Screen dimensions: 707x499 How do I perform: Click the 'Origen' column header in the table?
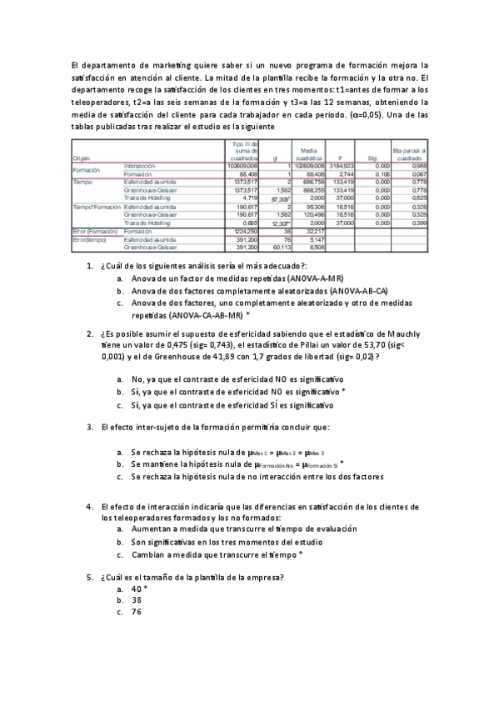(82, 158)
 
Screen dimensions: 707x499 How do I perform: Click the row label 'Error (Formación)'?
(94, 230)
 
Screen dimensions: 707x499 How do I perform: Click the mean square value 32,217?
(312, 230)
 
